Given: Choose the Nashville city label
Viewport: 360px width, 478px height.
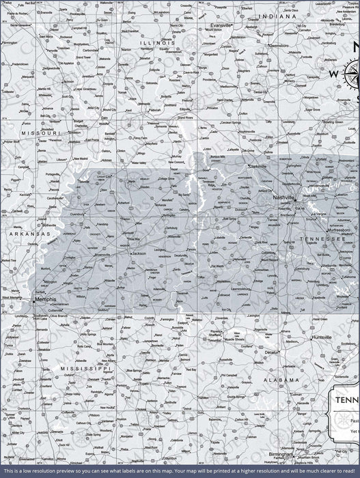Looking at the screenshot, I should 283,197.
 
